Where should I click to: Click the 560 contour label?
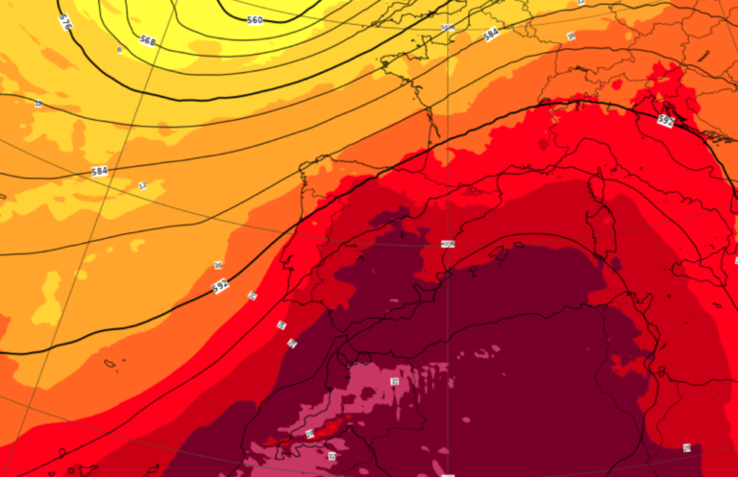point(255,20)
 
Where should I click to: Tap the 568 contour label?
point(147,40)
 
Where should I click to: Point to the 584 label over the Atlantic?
point(99,172)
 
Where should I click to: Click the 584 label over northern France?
point(491,35)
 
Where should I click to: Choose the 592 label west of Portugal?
point(220,285)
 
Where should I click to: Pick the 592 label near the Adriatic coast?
point(665,121)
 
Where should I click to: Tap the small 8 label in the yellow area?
point(119,49)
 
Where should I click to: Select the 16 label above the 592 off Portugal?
point(218,266)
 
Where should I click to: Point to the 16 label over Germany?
point(570,36)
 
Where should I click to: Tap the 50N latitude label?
point(447,28)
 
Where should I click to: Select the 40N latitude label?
point(447,245)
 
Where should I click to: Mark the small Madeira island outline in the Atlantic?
point(109,363)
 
